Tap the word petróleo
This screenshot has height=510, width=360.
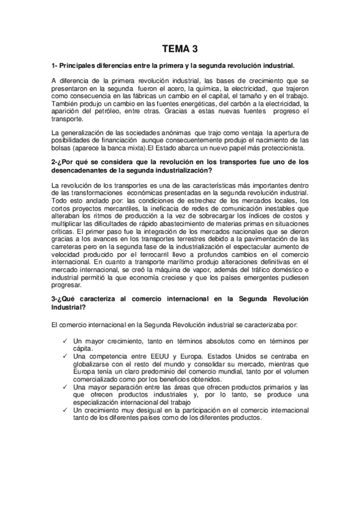click(x=108, y=112)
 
